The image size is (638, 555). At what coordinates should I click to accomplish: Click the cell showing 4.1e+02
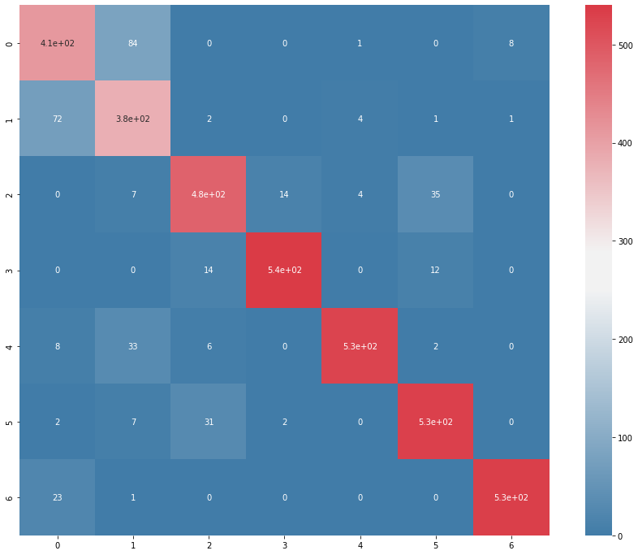tap(58, 43)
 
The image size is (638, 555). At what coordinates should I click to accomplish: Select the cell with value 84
tap(133, 43)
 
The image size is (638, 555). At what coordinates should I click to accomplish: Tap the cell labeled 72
tap(58, 119)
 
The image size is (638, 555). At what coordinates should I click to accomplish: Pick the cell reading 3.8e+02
tap(133, 119)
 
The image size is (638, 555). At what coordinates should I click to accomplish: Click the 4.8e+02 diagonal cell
tap(209, 194)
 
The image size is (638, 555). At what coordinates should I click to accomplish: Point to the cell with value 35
tap(435, 194)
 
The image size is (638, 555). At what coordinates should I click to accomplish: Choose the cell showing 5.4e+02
tap(284, 270)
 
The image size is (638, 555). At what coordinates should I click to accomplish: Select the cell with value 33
tap(133, 345)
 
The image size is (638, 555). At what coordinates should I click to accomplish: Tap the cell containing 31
tap(209, 421)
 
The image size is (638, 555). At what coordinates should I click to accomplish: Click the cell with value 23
tap(58, 496)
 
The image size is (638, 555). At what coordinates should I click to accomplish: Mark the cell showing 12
tap(435, 270)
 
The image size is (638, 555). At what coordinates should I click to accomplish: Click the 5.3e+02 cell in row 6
tap(511, 496)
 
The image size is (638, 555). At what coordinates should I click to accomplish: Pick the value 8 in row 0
tap(511, 43)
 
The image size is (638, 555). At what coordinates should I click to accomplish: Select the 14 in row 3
tap(209, 270)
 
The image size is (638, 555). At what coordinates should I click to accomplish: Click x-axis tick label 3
tap(284, 547)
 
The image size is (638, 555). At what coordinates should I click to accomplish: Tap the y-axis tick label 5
tap(10, 421)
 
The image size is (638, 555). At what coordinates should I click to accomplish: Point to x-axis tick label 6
tap(511, 547)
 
